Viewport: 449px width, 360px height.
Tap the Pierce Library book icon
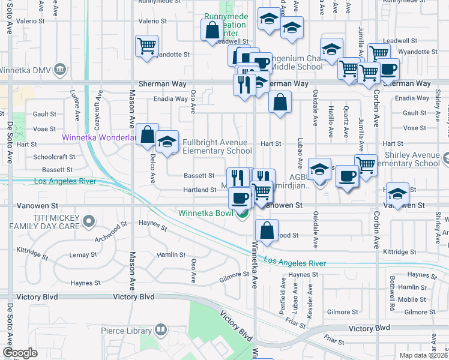point(160,329)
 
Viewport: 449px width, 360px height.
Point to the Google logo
point(20,352)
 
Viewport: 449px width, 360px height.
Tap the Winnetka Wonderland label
point(98,137)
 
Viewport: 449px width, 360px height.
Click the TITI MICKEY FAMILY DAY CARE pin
point(89,221)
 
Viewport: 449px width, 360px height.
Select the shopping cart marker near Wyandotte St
point(146,46)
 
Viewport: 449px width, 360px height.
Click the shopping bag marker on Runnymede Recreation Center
point(212,30)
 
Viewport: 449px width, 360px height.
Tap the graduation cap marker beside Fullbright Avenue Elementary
point(167,142)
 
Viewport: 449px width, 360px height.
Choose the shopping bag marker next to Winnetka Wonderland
point(147,135)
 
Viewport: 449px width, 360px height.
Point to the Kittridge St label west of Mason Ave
point(32,252)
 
